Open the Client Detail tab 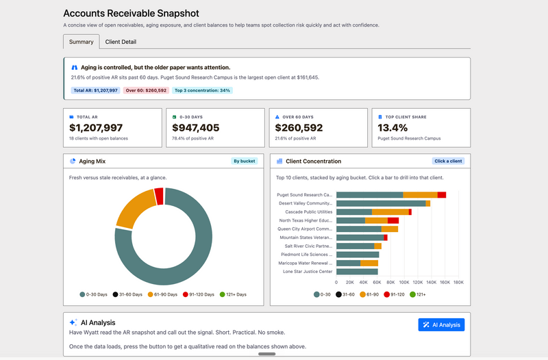pyautogui.click(x=121, y=42)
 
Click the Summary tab pyautogui.click(x=81, y=42)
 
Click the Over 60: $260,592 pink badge pyautogui.click(x=146, y=90)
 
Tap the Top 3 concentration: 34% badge pyautogui.click(x=202, y=90)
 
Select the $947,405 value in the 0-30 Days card pyautogui.click(x=196, y=128)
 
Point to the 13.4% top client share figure pyautogui.click(x=393, y=128)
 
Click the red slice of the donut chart pyautogui.click(x=159, y=196)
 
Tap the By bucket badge pyautogui.click(x=245, y=161)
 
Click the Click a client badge pyautogui.click(x=448, y=161)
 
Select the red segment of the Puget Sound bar pyautogui.click(x=442, y=195)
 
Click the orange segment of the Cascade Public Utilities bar pyautogui.click(x=390, y=212)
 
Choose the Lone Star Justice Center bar pyautogui.click(x=357, y=272)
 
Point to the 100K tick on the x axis pyautogui.click(x=404, y=283)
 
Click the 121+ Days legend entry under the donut pyautogui.click(x=233, y=294)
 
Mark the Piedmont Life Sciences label pyautogui.click(x=306, y=255)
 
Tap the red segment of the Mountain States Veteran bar pyautogui.click(x=386, y=237)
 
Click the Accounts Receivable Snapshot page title pyautogui.click(x=131, y=13)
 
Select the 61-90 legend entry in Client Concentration pyautogui.click(x=369, y=294)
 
